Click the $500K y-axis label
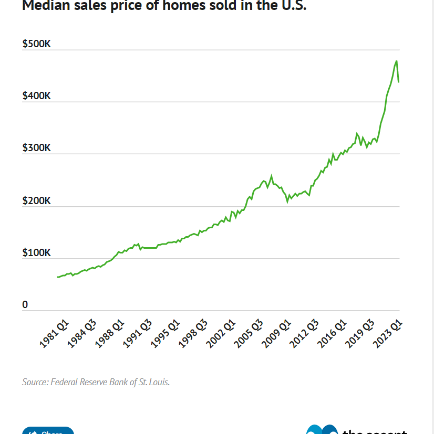pos(36,44)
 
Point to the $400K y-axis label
pos(36,96)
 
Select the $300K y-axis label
pos(36,148)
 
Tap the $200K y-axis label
pos(36,200)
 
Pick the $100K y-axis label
pos(36,252)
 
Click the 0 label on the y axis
pos(25,304)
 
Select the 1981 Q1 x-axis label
pos(54,334)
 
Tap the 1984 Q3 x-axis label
pos(82,334)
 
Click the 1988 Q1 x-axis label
pos(109,334)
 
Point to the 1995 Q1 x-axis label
pos(165,334)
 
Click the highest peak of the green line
pos(396,61)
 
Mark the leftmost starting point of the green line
pos(57,277)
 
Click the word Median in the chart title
pos(44,6)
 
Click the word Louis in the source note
pos(158,382)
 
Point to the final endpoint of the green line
pos(399,82)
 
